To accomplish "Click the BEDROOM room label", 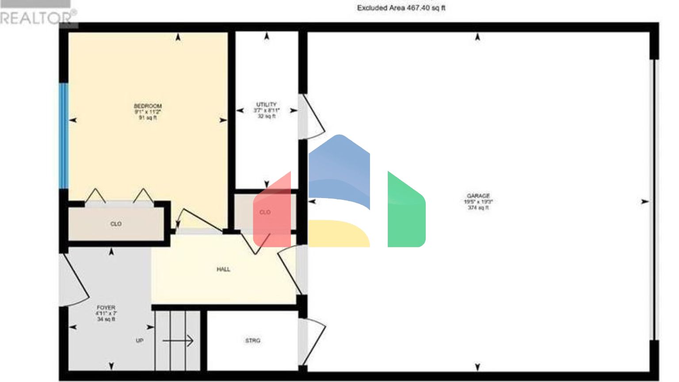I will (148, 107).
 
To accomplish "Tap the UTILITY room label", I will (266, 105).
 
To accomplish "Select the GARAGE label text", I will (478, 196).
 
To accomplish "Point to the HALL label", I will (223, 269).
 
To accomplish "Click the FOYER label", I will (106, 308).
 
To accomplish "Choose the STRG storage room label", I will (253, 340).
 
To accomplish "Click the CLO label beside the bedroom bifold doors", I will (116, 224).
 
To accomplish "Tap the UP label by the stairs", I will (140, 341).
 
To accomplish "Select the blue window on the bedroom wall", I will (64, 136).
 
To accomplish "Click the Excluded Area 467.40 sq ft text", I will (401, 8).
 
